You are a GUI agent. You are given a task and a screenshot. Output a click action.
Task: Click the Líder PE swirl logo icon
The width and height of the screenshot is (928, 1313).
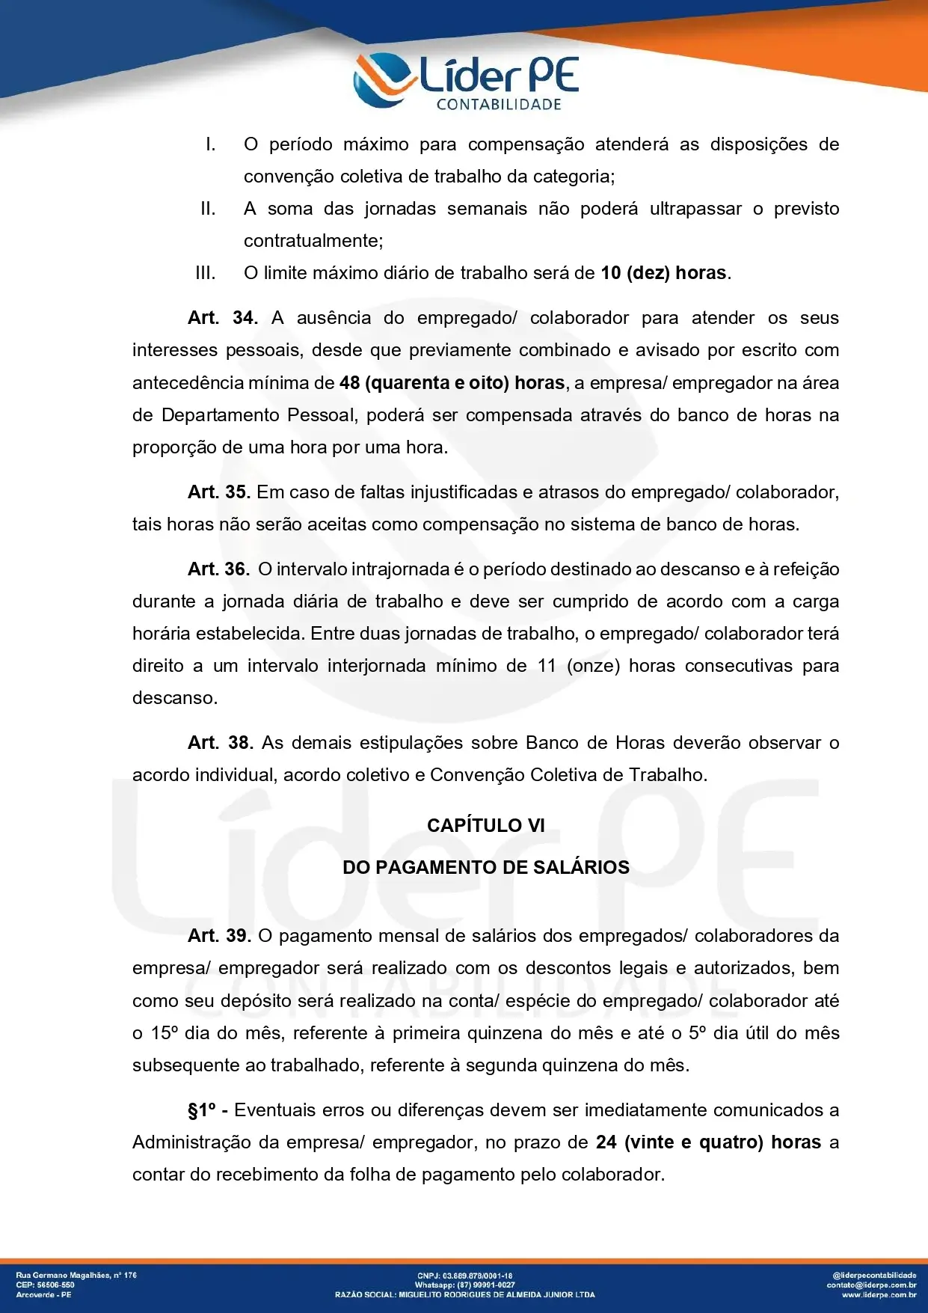coord(382,79)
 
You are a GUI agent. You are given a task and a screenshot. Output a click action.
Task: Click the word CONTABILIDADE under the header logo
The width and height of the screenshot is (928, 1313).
coord(499,105)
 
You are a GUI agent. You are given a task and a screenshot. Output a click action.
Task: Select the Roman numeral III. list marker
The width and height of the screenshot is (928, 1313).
coord(205,273)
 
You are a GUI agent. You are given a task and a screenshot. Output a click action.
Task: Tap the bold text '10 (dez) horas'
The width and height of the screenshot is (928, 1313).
coord(663,273)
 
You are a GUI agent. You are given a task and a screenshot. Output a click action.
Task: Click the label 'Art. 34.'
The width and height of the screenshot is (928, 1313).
coord(223,318)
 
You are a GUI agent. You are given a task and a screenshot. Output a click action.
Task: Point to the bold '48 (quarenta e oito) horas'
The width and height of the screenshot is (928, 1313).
coord(452,383)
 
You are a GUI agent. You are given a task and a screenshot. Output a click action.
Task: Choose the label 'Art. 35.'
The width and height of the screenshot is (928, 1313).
coord(218,492)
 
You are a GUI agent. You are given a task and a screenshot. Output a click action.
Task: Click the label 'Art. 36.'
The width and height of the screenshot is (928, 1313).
coord(218,569)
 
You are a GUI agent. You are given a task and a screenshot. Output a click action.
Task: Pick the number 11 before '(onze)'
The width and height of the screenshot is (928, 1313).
coord(547,666)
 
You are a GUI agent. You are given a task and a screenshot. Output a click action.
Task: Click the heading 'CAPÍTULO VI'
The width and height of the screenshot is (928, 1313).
coord(486,825)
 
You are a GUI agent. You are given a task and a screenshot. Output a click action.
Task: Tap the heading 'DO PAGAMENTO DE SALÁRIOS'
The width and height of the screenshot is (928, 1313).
coord(486,868)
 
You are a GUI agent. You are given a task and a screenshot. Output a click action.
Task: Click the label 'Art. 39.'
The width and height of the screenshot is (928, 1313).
coord(219,936)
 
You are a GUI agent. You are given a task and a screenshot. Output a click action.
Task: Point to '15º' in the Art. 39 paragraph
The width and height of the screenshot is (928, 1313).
coord(165,1033)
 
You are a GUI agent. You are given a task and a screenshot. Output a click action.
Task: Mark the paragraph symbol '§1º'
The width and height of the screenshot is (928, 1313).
coord(203,1110)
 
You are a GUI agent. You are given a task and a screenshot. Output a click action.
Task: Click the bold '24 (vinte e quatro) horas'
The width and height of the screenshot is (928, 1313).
coord(708,1142)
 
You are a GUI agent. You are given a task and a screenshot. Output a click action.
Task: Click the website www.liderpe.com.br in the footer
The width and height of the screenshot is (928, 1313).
coord(879,1294)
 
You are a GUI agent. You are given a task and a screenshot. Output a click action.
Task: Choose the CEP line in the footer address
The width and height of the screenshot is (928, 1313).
coord(46,1285)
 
